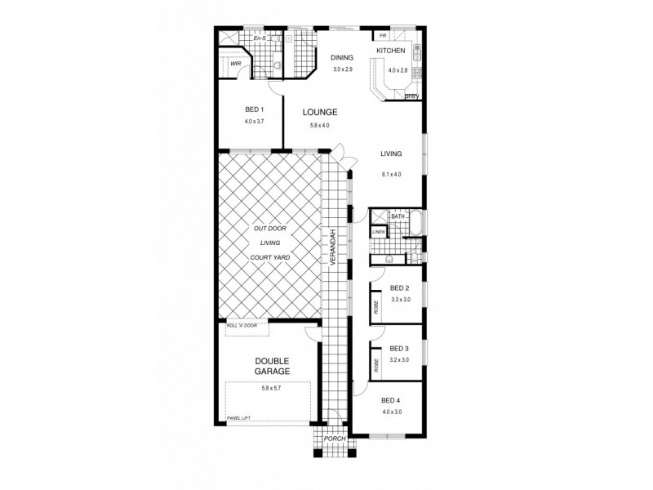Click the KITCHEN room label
(389, 51)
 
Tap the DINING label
(341, 58)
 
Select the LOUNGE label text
(320, 112)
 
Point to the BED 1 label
(254, 109)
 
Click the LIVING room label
(393, 154)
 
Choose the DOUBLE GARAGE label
(273, 366)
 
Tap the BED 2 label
(399, 288)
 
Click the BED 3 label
(399, 349)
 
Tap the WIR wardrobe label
(235, 63)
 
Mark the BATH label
(398, 216)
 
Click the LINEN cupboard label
(378, 232)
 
